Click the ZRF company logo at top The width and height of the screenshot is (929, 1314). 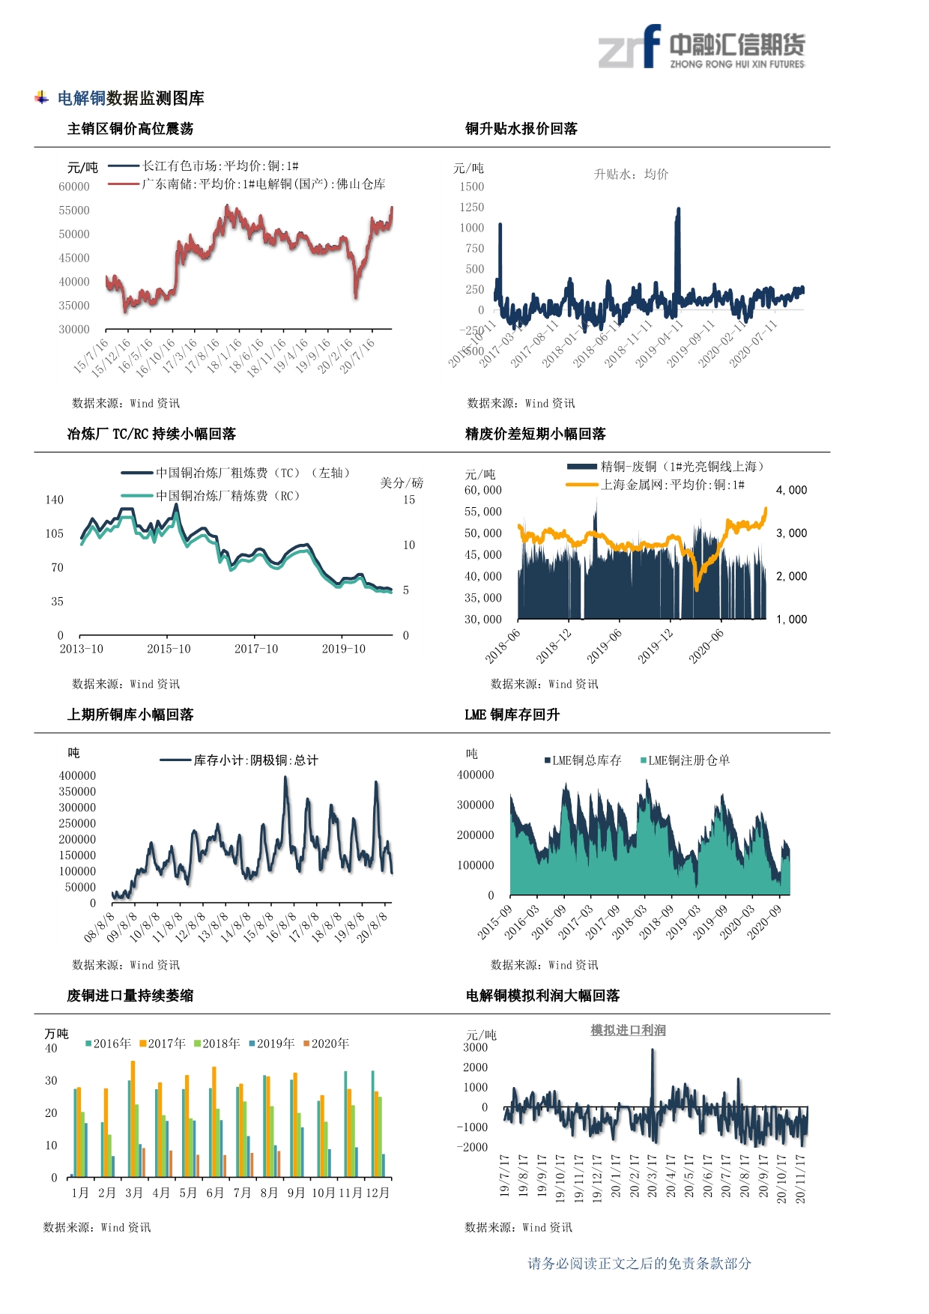coord(700,46)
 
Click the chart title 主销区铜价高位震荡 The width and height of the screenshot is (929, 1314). coord(130,129)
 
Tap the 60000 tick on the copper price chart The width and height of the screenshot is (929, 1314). coord(74,187)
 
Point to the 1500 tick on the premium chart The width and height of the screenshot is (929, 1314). coord(472,187)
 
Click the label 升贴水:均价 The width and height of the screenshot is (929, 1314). coord(631,175)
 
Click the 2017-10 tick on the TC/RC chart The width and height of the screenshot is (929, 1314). coord(256,649)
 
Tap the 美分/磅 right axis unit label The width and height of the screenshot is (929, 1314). coord(402,483)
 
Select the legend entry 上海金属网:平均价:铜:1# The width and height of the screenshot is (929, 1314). coord(672,485)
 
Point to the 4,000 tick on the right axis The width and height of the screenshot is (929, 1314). coord(791,490)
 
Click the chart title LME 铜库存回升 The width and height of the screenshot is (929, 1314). coord(512,715)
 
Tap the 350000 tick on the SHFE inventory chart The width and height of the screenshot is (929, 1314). coord(77,792)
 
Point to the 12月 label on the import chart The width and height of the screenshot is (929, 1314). coord(378,1193)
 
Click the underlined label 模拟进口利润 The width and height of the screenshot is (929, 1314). coord(628,1030)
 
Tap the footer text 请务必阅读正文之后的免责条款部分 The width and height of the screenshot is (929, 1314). coord(639,1264)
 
